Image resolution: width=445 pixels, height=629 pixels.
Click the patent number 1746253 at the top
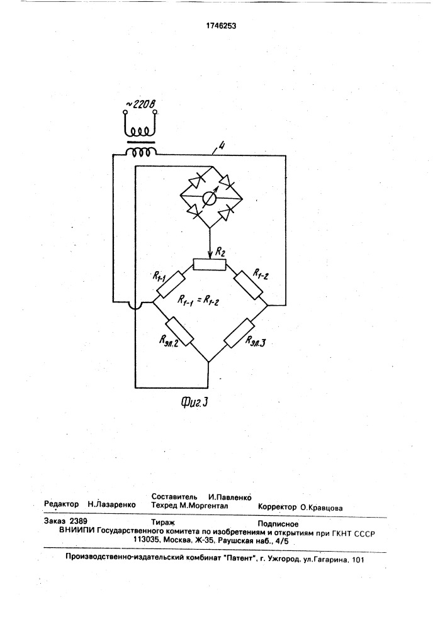coord(221,26)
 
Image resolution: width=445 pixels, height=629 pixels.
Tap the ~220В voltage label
coord(140,104)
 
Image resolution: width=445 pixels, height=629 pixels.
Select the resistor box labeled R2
coord(210,265)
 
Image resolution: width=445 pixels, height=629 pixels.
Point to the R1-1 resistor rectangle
coord(170,284)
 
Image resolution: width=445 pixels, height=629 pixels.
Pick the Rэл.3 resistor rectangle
coord(240,333)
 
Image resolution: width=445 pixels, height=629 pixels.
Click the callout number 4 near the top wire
coord(221,146)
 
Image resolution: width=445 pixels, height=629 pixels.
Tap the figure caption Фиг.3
coord(194,402)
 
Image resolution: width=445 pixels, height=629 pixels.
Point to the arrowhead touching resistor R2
coord(210,256)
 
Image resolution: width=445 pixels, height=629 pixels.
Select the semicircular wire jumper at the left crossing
coord(135,306)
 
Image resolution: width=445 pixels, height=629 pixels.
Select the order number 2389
coord(78,521)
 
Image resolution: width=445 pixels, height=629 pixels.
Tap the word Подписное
coord(278,523)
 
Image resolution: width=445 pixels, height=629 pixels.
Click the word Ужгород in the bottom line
coord(285,559)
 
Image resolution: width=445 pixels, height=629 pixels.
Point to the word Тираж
coord(163,522)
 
